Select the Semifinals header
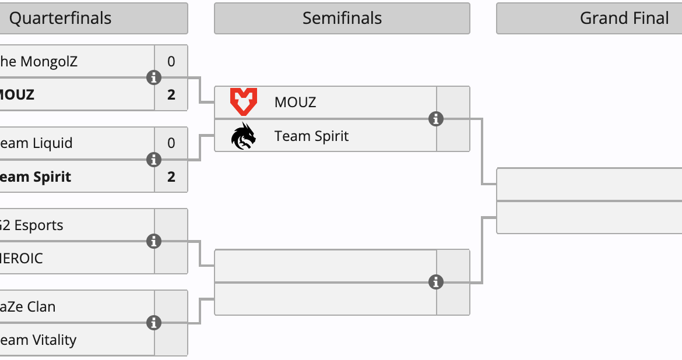click(x=342, y=18)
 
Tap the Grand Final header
click(x=624, y=18)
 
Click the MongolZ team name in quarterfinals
click(x=38, y=61)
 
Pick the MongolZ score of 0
click(x=171, y=61)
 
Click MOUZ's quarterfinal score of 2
click(x=171, y=94)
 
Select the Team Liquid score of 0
click(x=171, y=143)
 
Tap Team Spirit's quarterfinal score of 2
click(x=171, y=177)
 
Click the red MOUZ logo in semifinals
click(x=243, y=102)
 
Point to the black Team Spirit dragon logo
click(x=243, y=136)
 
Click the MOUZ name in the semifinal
click(x=295, y=103)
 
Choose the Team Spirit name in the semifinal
click(x=311, y=136)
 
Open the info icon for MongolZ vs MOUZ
click(x=154, y=77)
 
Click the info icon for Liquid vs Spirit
click(x=154, y=160)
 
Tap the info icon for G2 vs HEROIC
click(x=154, y=241)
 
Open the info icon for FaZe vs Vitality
click(x=154, y=323)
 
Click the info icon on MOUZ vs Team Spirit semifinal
click(x=436, y=119)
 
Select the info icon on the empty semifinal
click(x=436, y=283)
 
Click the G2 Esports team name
click(x=33, y=225)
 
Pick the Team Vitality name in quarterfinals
click(x=38, y=340)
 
